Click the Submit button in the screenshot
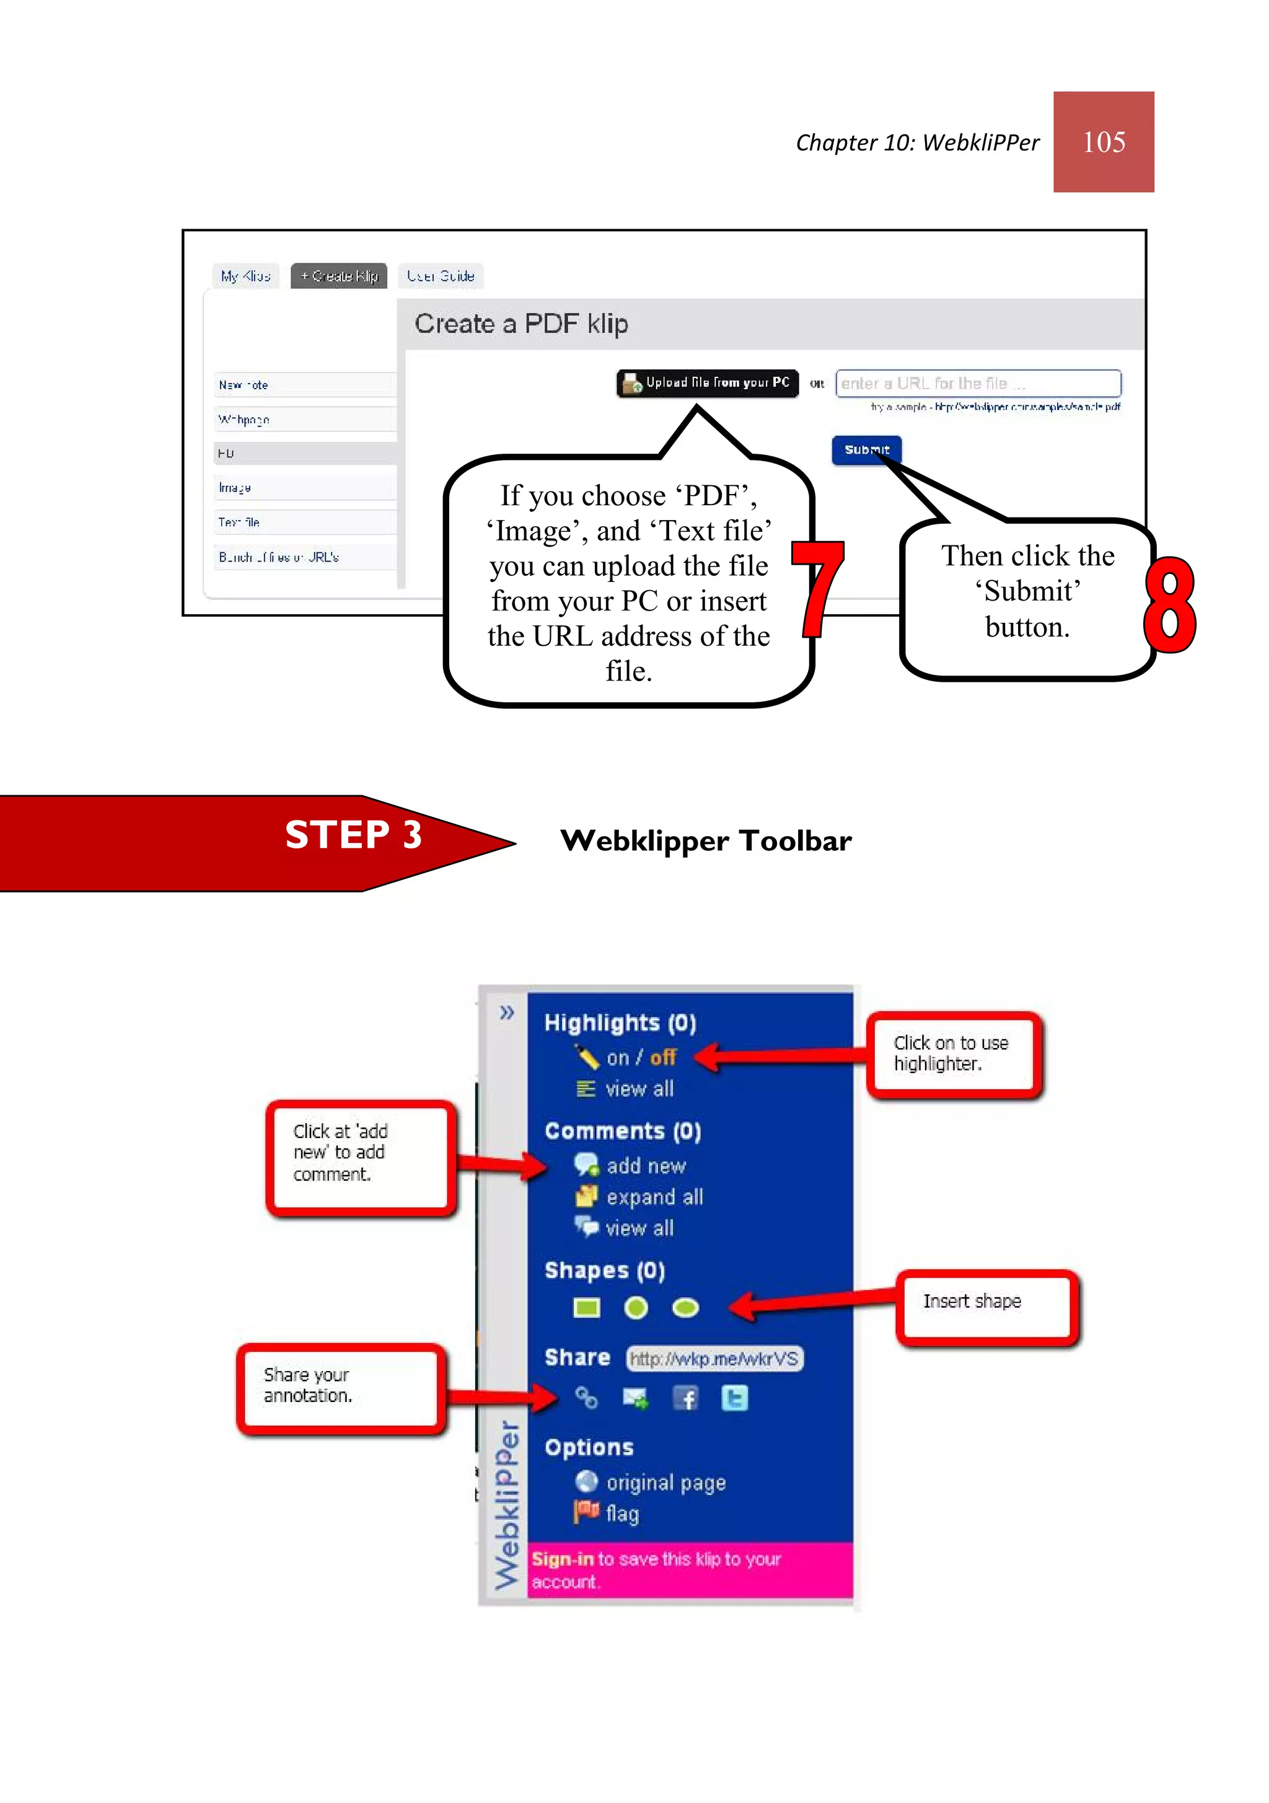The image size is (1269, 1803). tap(866, 450)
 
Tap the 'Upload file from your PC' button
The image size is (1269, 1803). tap(707, 383)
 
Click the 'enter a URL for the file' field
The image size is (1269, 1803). tap(977, 383)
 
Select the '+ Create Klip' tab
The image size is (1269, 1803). tap(338, 276)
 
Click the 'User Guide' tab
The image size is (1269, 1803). tap(440, 276)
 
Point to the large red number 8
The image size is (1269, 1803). tap(1169, 605)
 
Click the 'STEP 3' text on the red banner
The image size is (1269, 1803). tap(353, 834)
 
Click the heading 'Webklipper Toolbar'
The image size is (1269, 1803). tap(705, 841)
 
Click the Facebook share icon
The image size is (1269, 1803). tap(685, 1398)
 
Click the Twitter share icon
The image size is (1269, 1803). tap(734, 1398)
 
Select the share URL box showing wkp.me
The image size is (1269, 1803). tap(713, 1359)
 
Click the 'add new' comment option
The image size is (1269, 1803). tap(646, 1166)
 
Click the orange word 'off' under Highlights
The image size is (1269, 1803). tap(663, 1058)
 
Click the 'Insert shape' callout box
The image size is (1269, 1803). tap(986, 1306)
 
